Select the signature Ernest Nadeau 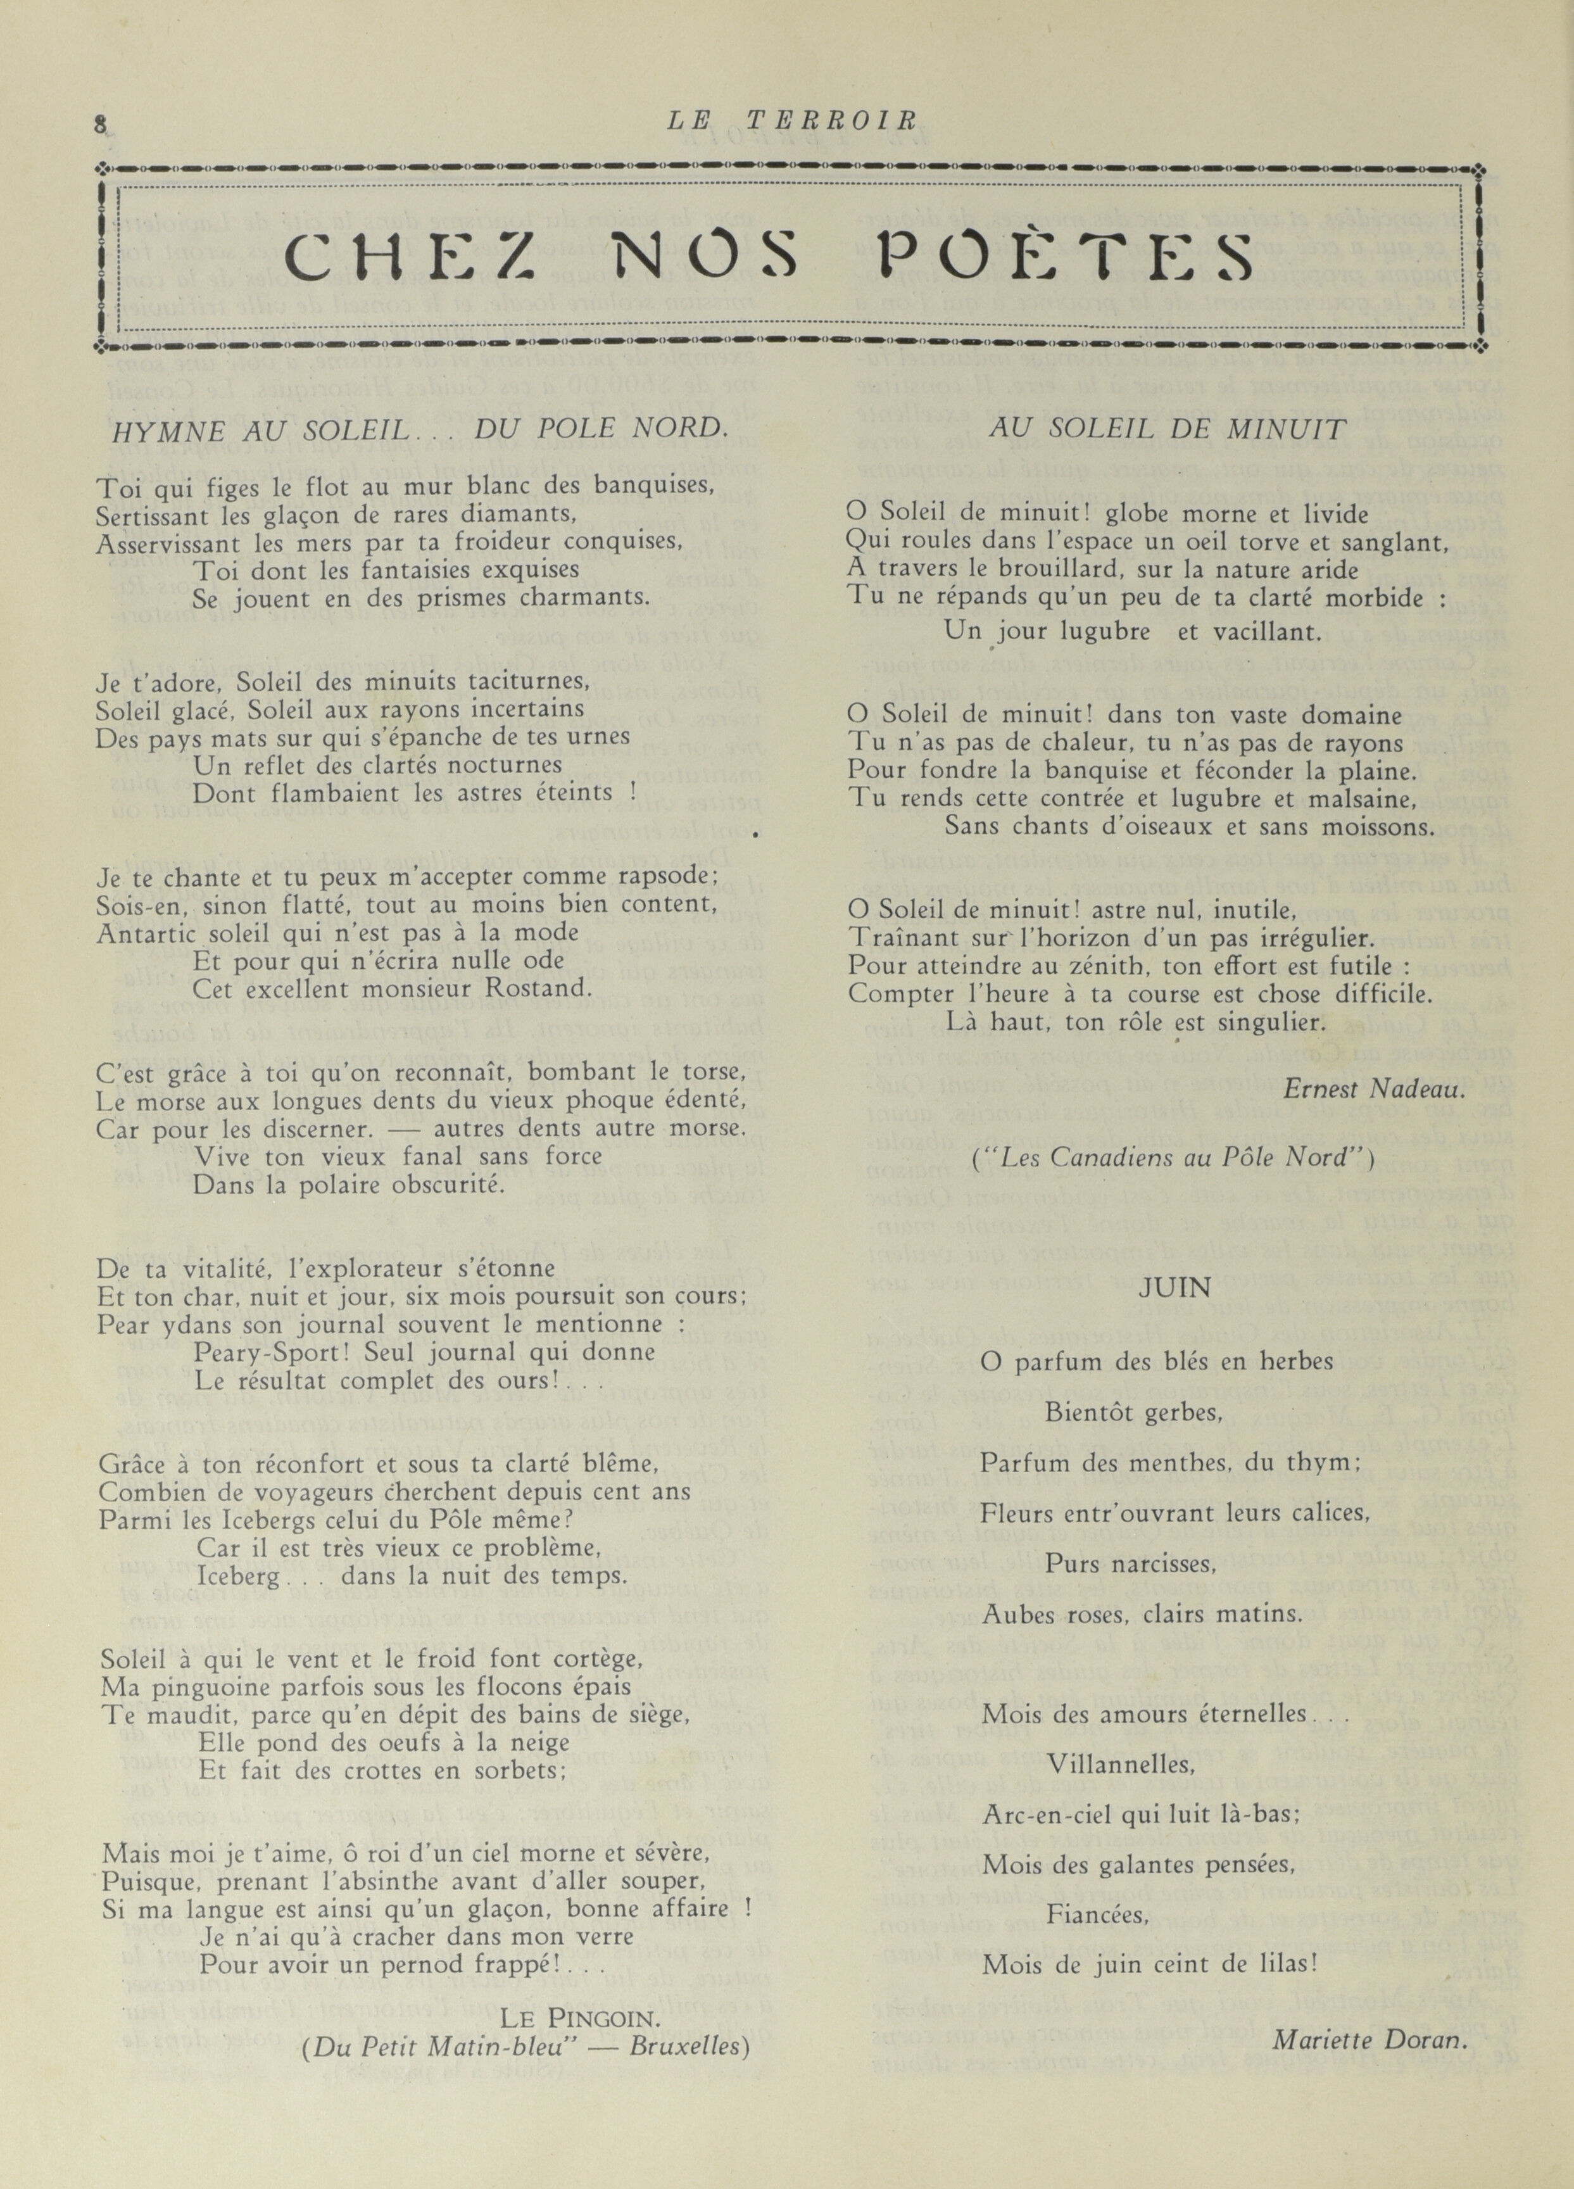(1374, 1088)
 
